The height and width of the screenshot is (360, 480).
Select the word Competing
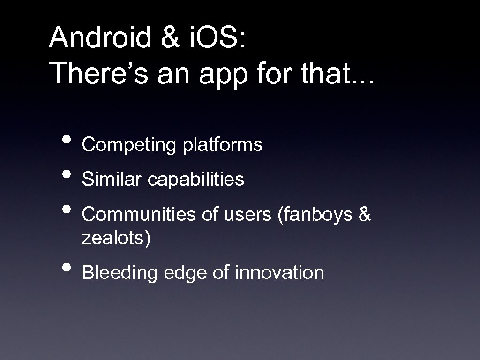[x=128, y=146]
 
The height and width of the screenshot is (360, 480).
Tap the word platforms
[x=223, y=145]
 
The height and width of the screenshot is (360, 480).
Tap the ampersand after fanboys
[x=364, y=214]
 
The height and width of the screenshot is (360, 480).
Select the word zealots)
[x=116, y=239]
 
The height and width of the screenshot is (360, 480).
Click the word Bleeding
[x=119, y=273]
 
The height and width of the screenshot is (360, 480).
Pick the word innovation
[x=279, y=272]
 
